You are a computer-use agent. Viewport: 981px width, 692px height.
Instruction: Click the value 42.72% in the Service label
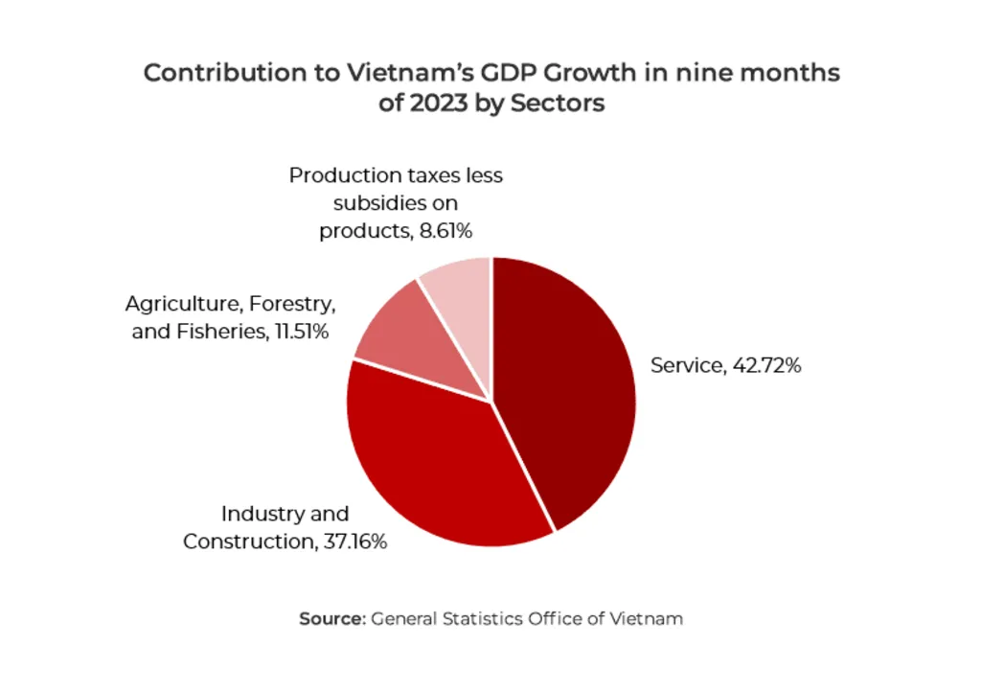765,365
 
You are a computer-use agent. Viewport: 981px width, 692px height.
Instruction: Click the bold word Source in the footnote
331,619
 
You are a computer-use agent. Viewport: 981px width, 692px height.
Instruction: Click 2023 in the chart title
437,103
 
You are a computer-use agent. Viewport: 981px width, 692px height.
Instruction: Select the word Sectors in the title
558,103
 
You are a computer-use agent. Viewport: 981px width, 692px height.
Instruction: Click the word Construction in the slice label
246,542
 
